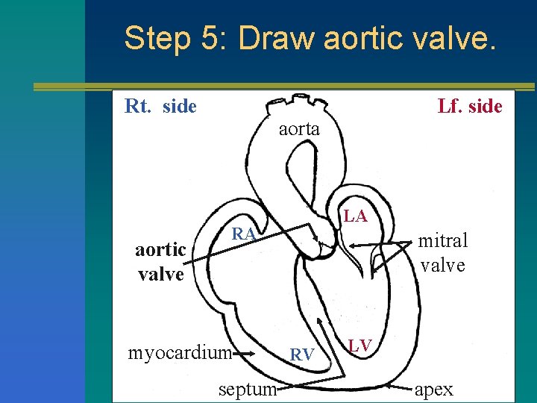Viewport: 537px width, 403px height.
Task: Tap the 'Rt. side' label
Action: click(160, 106)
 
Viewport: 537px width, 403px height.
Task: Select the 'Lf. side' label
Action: click(470, 106)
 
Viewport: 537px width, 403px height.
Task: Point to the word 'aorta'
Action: click(299, 129)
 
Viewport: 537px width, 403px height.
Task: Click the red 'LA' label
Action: click(356, 216)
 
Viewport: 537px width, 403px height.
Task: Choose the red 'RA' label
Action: click(244, 234)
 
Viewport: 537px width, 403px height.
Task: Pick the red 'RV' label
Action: click(301, 354)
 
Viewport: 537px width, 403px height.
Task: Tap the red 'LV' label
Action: click(361, 344)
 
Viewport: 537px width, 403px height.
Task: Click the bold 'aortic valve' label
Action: click(160, 262)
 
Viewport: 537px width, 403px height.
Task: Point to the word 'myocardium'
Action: click(178, 352)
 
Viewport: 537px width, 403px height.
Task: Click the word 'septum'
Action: click(248, 388)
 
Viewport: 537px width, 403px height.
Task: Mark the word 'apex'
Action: click(433, 389)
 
